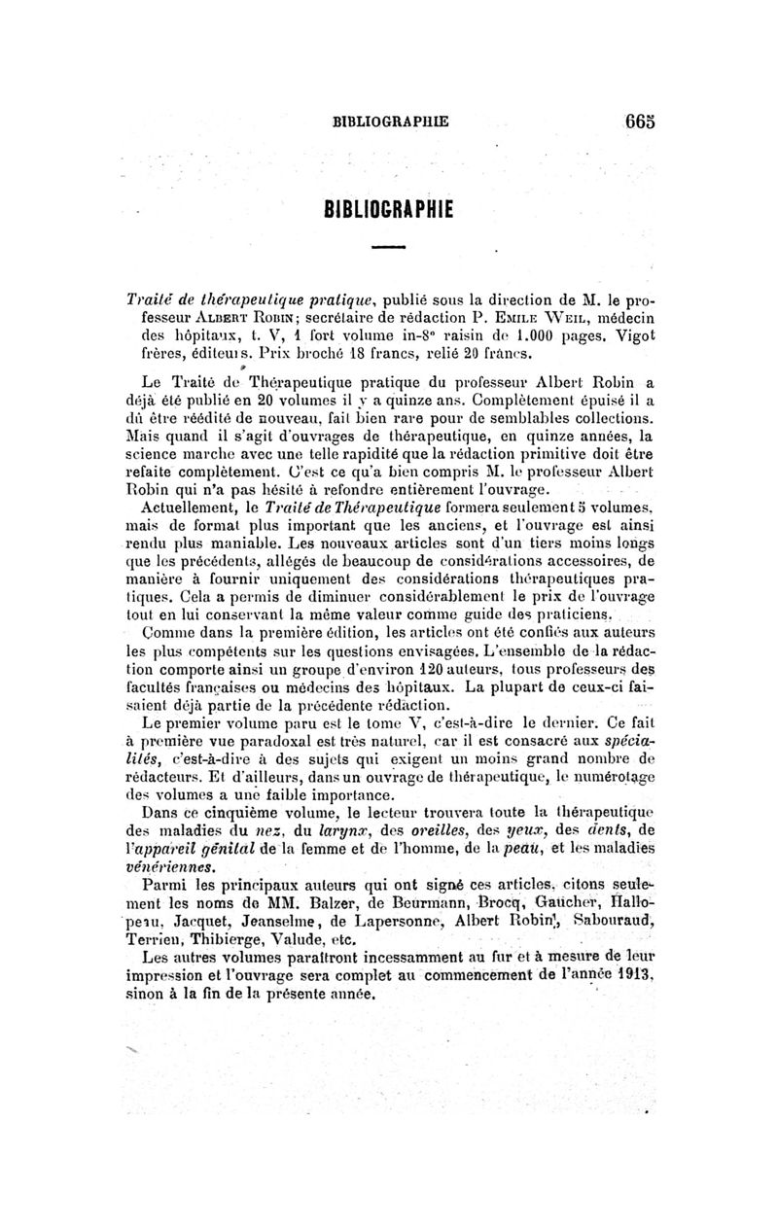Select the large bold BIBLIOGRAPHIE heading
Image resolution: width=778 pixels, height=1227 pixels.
pos(389,209)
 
